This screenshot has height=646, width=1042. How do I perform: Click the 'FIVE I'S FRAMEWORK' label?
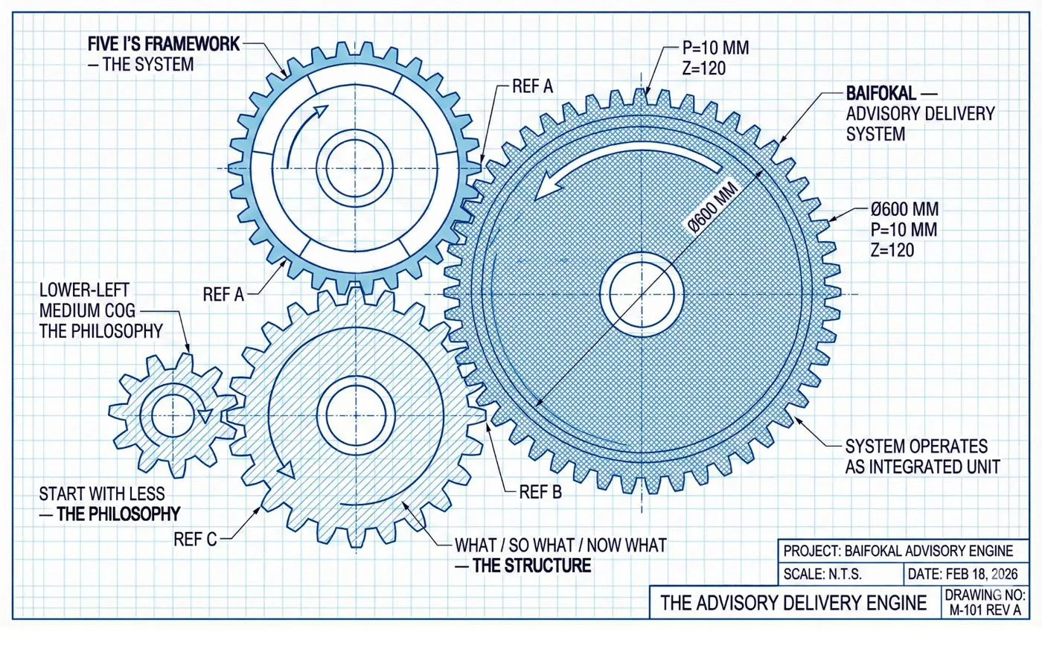[163, 45]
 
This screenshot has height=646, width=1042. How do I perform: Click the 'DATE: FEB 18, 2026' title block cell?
[964, 574]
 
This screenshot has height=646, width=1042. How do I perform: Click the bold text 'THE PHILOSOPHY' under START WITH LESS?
[118, 514]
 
